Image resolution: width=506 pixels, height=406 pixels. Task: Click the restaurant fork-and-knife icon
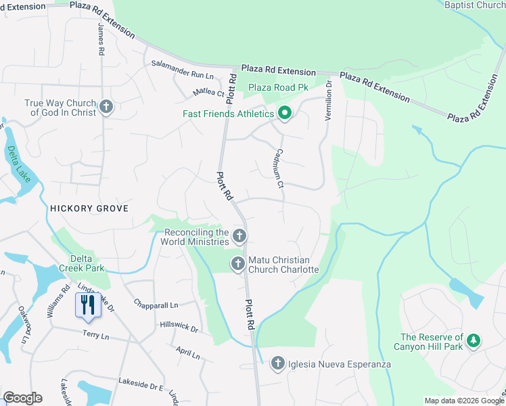pos(88,304)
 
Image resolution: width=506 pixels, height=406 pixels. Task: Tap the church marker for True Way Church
pos(106,107)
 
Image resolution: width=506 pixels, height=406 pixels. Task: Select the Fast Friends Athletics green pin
pos(285,113)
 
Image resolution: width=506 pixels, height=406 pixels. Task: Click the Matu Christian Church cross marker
pos(237,264)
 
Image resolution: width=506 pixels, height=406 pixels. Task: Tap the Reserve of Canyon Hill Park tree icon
pos(475,341)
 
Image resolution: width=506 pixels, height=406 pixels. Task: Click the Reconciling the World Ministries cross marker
pos(239,235)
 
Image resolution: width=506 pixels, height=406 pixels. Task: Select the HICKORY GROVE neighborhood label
pos(89,208)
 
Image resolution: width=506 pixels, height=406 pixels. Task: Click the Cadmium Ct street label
pos(280,170)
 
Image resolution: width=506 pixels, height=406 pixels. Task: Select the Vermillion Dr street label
pos(329,101)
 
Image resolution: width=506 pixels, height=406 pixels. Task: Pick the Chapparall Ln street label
pos(156,304)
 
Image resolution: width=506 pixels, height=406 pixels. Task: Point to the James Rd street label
pos(101,41)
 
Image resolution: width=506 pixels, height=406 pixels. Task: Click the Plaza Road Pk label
pos(278,87)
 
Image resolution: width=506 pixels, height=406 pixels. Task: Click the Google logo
pos(22,398)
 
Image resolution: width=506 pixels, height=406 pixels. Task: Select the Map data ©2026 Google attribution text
pos(463,401)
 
